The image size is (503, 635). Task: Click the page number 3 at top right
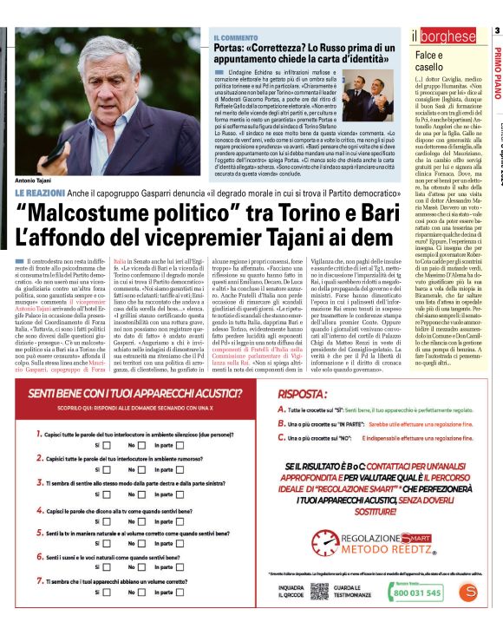pyautogui.click(x=497, y=31)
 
